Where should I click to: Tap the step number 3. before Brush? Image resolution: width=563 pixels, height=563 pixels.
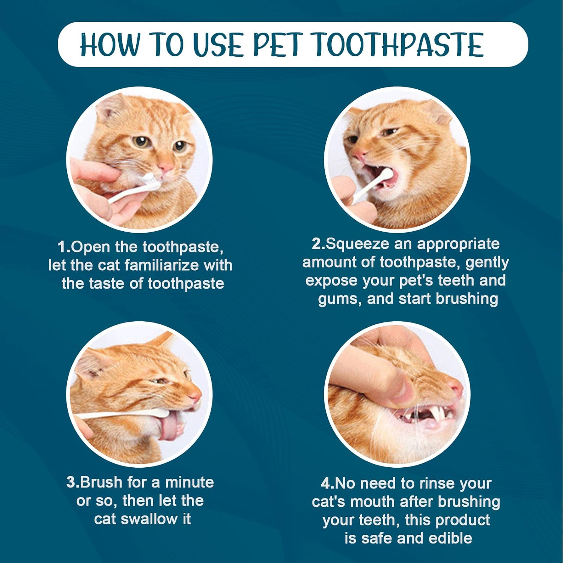tap(73, 482)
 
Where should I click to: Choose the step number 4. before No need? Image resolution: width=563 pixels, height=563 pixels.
tap(327, 483)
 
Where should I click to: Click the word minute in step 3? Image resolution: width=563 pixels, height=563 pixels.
tap(190, 482)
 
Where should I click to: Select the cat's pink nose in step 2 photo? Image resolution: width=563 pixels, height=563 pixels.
tap(360, 154)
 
